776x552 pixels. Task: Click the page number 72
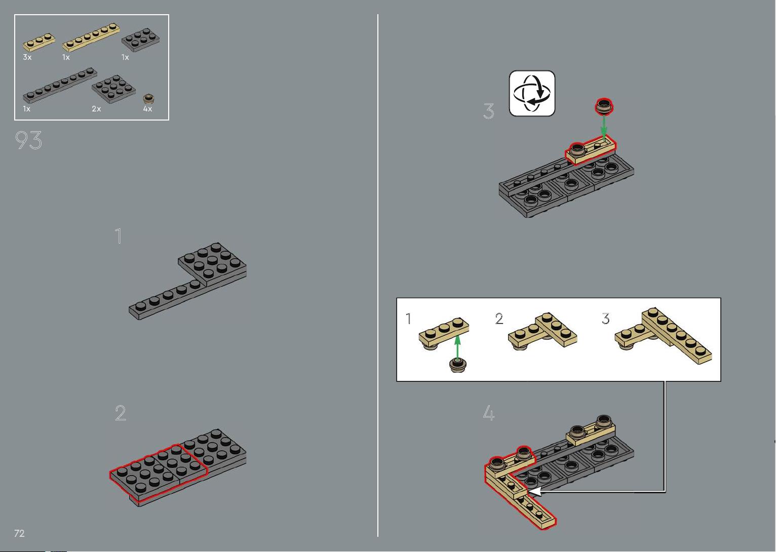pos(19,533)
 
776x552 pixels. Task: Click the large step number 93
pos(28,140)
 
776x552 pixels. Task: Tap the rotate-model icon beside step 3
pos(532,93)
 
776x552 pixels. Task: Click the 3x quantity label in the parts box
pos(27,57)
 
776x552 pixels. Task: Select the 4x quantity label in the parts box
pos(147,109)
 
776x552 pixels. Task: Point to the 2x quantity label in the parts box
pos(96,109)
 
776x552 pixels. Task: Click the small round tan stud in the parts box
pos(149,99)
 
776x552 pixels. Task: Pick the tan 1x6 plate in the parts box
pos(91,37)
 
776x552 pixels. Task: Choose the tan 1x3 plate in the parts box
pos(39,43)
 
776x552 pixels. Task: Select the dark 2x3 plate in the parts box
pos(141,40)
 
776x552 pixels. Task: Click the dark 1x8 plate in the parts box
pos(60,85)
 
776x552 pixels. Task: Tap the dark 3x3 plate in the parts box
pos(113,89)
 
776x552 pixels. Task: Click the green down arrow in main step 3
pos(604,128)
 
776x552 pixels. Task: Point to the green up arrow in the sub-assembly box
pos(457,346)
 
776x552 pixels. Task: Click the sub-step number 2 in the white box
pos(499,319)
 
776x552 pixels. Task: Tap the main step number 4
pos(488,413)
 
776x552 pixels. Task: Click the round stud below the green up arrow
pos(458,365)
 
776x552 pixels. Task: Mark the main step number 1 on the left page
pos(119,236)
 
